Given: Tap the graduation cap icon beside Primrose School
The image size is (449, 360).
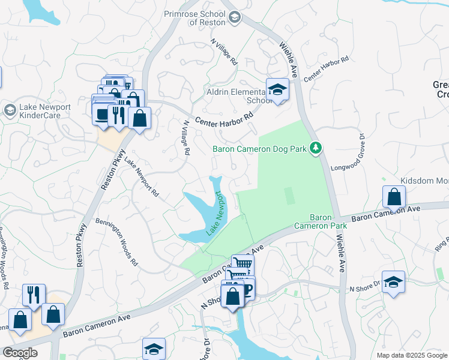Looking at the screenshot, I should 234,17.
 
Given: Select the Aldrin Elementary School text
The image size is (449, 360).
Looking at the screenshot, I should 243,96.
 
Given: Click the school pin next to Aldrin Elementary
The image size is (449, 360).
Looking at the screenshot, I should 277,90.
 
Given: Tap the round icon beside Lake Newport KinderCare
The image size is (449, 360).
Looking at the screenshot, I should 10,110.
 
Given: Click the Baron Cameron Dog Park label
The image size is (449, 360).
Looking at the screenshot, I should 259,149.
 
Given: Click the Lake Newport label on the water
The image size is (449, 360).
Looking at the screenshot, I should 215,214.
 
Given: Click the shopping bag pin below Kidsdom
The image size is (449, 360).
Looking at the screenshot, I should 394,197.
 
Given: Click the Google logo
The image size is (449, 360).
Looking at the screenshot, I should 20,353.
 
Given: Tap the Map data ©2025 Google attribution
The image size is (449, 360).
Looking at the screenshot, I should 411,355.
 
